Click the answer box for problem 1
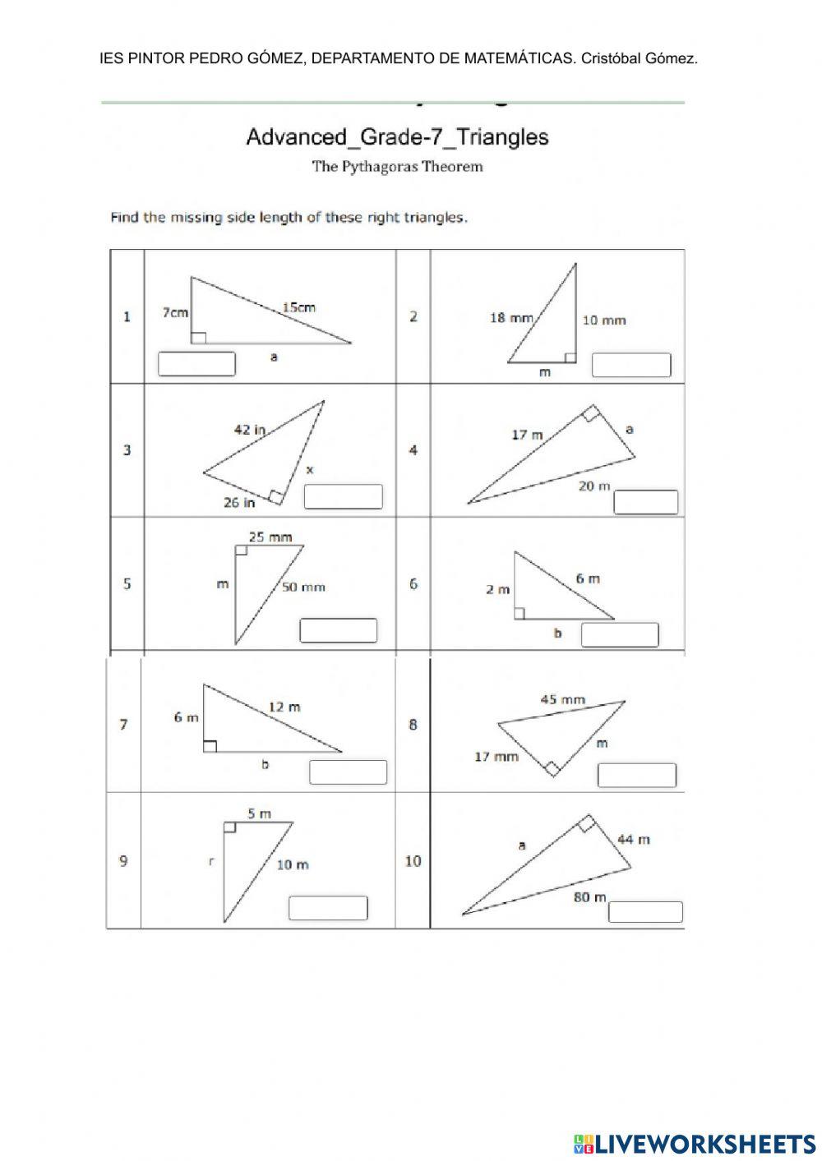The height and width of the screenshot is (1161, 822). pos(196,363)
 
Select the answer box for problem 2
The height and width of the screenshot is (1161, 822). pos(631,365)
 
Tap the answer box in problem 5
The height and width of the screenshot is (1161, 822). pos(339,630)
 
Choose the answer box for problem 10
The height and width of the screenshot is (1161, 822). pos(644,912)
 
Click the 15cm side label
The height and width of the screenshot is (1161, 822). pos(298,307)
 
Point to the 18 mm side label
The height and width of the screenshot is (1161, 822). pos(511,317)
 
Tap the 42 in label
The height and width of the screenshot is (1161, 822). pos(250,429)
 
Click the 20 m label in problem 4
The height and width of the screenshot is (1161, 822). pos(594,486)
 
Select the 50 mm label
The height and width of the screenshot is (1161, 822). pos(303,587)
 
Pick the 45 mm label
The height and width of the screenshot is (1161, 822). pos(562,699)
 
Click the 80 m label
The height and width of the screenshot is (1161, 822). pos(589,897)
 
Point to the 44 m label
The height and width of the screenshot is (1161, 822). pos(634,839)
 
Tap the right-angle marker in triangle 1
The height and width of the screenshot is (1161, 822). pos(198,337)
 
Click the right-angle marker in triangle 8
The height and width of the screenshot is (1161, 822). pos(552,769)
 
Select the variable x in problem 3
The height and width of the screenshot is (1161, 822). pos(310,470)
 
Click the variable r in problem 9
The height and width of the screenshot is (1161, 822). pos(211,861)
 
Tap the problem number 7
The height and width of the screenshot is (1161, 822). pos(124,724)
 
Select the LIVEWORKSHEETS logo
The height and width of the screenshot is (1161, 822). pos(694,1143)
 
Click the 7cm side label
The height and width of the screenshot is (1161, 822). pos(175,312)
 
